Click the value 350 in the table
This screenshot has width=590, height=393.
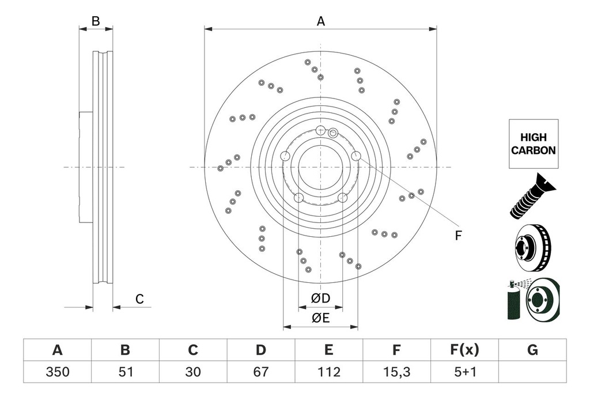click(57, 372)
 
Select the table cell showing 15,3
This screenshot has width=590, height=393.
click(396, 372)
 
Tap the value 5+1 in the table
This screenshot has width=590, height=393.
click(464, 372)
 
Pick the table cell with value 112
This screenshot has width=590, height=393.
click(328, 372)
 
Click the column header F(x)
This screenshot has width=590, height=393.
click(464, 350)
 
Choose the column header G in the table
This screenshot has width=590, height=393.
click(532, 350)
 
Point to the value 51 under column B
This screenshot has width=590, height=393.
click(125, 372)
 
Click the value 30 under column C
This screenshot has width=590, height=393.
click(193, 372)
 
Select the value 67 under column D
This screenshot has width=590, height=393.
click(261, 372)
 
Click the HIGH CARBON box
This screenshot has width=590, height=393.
click(533, 144)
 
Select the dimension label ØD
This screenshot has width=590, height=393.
click(320, 298)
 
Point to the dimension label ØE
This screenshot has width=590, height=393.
click(320, 318)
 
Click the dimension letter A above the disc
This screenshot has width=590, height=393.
click(321, 21)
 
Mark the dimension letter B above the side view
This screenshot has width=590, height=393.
click(96, 21)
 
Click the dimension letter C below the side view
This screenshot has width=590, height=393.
click(139, 299)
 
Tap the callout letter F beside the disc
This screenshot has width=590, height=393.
click(459, 235)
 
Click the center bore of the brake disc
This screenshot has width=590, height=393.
click(320, 167)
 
